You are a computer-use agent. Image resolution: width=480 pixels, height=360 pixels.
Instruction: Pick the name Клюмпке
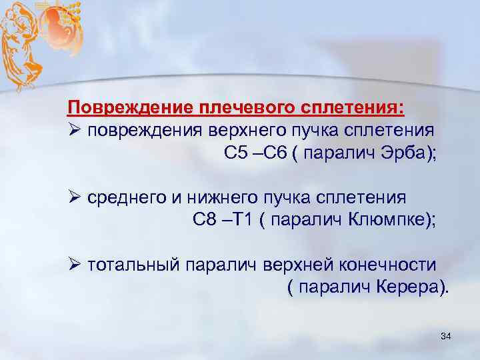click(389, 220)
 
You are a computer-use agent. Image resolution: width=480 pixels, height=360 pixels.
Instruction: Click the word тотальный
click(133, 265)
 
